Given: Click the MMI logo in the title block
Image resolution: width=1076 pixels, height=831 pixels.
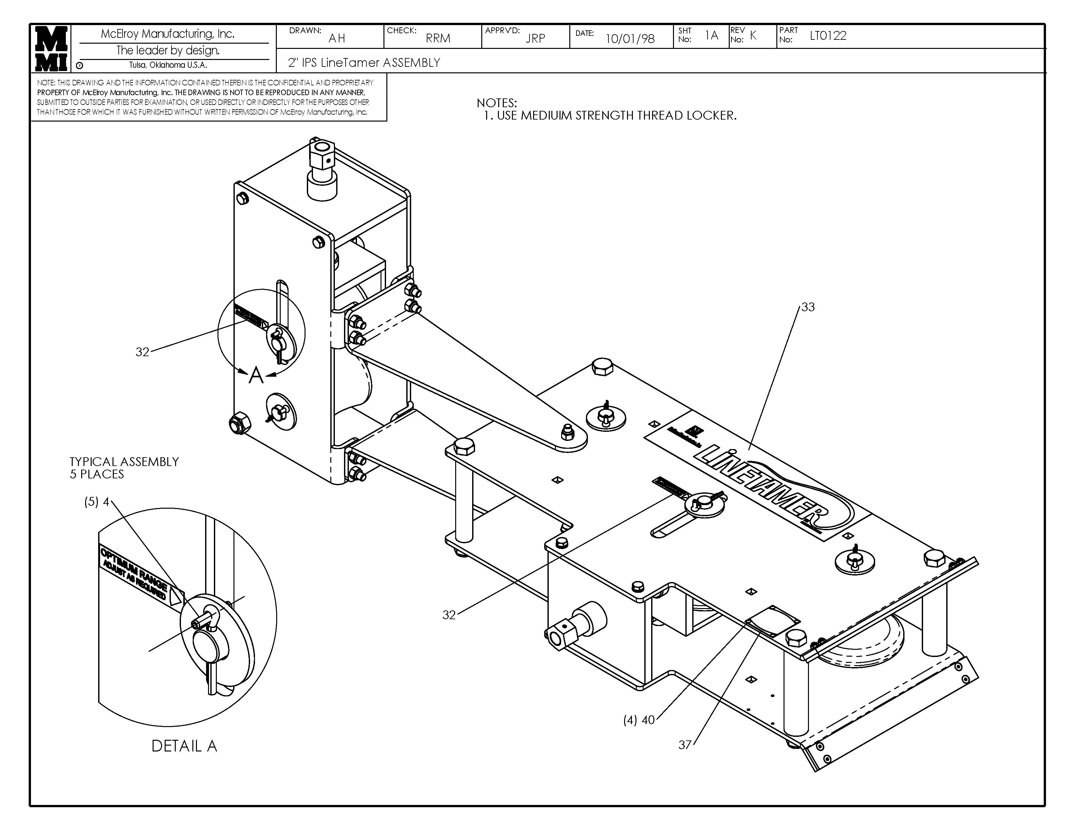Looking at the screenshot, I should click(x=51, y=48).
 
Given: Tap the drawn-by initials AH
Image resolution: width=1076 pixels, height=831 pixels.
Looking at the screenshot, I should click(x=337, y=38).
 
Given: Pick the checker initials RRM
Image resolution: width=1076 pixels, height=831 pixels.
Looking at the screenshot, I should click(x=438, y=38).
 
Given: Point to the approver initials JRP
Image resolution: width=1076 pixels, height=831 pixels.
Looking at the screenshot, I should click(x=535, y=38).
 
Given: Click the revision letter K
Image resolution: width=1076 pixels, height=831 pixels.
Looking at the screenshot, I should click(x=753, y=35).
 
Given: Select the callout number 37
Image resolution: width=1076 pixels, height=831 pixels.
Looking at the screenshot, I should click(x=685, y=745).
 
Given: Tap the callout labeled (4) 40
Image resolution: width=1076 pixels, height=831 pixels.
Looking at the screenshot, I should click(x=639, y=720).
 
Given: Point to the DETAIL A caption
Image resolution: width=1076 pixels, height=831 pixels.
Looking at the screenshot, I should click(x=184, y=746).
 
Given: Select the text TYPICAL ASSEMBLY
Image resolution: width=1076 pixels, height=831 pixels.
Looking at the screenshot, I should click(x=124, y=462).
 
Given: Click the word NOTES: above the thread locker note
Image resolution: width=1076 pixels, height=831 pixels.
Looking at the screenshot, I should click(x=497, y=103).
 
